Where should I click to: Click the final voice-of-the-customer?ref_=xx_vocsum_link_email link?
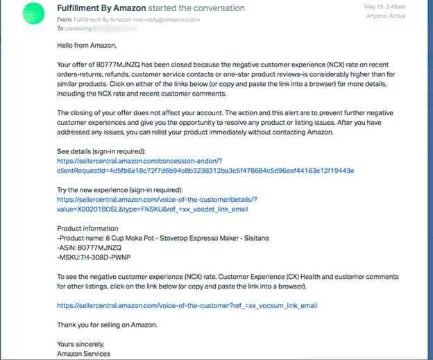pyautogui.click(x=187, y=305)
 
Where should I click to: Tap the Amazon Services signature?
pyautogui.click(x=84, y=354)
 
